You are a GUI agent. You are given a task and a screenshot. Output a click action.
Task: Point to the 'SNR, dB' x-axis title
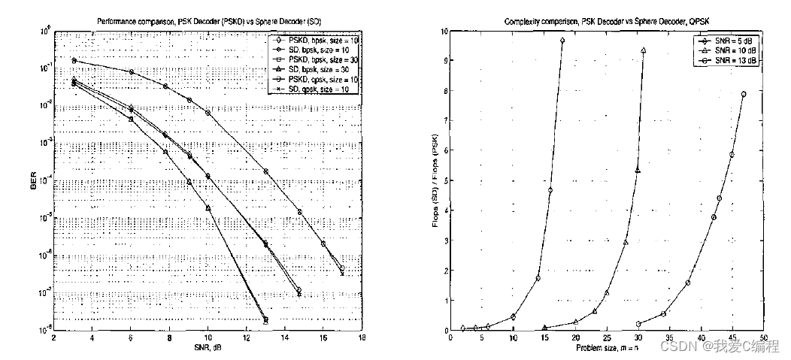[x=208, y=349]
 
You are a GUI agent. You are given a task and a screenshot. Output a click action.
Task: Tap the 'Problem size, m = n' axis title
[x=606, y=349]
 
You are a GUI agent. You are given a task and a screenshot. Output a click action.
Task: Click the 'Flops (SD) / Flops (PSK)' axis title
[x=435, y=180]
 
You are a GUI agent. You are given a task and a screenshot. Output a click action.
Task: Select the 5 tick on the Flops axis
[x=444, y=180]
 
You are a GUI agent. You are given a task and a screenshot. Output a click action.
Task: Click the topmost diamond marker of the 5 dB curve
[x=562, y=41]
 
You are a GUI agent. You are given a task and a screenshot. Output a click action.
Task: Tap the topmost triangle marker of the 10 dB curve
[x=643, y=50]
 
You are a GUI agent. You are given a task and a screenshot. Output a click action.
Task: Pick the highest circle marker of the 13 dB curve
[x=744, y=95]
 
